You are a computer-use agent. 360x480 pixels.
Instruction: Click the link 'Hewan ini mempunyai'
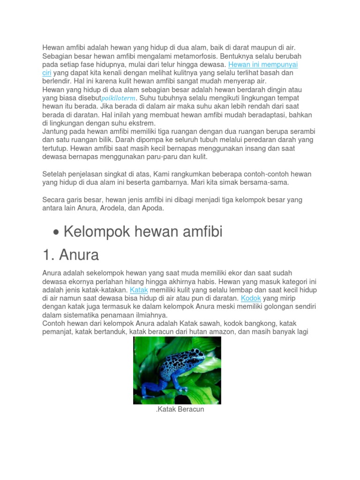point(263,64)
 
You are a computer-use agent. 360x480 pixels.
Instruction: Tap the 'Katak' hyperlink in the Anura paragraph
point(139,290)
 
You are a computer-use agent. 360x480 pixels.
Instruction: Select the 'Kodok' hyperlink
point(250,299)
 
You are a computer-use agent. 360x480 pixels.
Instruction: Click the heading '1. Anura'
point(70,255)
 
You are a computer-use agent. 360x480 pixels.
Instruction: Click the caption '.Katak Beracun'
point(180,409)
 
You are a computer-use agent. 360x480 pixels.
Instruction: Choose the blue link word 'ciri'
point(46,73)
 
